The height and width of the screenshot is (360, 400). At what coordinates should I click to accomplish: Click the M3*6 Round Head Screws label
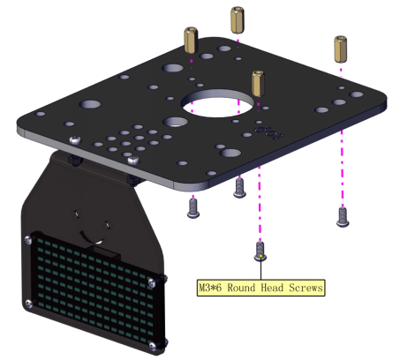(260, 288)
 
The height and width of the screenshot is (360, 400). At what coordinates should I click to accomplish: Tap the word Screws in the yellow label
(306, 288)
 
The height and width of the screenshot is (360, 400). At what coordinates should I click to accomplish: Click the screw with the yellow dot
(260, 251)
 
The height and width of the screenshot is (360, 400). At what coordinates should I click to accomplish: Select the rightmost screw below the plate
(343, 217)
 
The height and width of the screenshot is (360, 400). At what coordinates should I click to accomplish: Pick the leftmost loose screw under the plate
(193, 208)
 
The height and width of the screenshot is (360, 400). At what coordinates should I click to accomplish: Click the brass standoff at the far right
(340, 49)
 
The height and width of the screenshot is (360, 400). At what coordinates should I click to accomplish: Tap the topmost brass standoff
(238, 19)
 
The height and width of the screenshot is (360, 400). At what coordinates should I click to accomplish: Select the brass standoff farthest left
(191, 40)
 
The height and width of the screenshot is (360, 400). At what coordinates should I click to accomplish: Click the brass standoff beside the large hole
(258, 84)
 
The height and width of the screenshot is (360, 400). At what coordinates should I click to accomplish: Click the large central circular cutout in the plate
(217, 103)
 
